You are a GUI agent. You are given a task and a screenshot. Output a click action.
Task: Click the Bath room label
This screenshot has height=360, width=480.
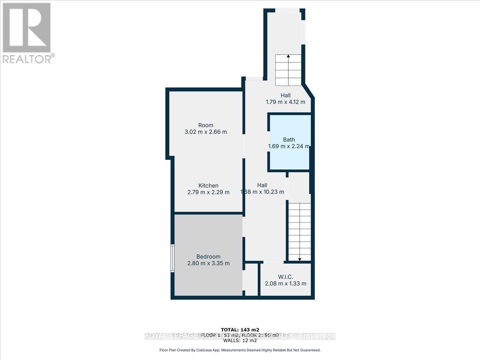[x=289, y=140]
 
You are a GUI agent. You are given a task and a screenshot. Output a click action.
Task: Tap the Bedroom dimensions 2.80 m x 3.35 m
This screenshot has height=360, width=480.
[x=209, y=263]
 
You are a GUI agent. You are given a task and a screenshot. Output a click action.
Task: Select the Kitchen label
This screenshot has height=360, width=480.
[x=208, y=186]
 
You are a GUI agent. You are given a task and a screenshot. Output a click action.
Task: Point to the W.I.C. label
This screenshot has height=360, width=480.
[x=286, y=277]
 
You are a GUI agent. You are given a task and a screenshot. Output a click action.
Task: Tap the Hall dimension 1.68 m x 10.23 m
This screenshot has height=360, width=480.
[x=262, y=192]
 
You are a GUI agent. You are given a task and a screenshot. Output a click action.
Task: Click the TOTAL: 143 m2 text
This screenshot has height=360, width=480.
[x=240, y=330]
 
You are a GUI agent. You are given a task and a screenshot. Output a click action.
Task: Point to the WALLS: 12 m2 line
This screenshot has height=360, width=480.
[x=240, y=342]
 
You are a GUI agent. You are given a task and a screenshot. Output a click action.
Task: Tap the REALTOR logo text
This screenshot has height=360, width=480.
[x=27, y=59]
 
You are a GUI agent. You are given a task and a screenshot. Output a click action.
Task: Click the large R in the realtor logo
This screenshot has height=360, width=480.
[x=27, y=27]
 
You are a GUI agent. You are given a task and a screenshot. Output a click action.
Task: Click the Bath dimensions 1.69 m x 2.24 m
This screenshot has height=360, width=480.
[x=289, y=146]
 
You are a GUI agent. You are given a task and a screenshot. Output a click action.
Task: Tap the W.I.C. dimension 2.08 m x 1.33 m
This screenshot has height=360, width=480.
[x=286, y=284]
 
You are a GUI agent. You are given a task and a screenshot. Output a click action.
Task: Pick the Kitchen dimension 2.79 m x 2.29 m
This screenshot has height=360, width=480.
[x=208, y=192]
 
